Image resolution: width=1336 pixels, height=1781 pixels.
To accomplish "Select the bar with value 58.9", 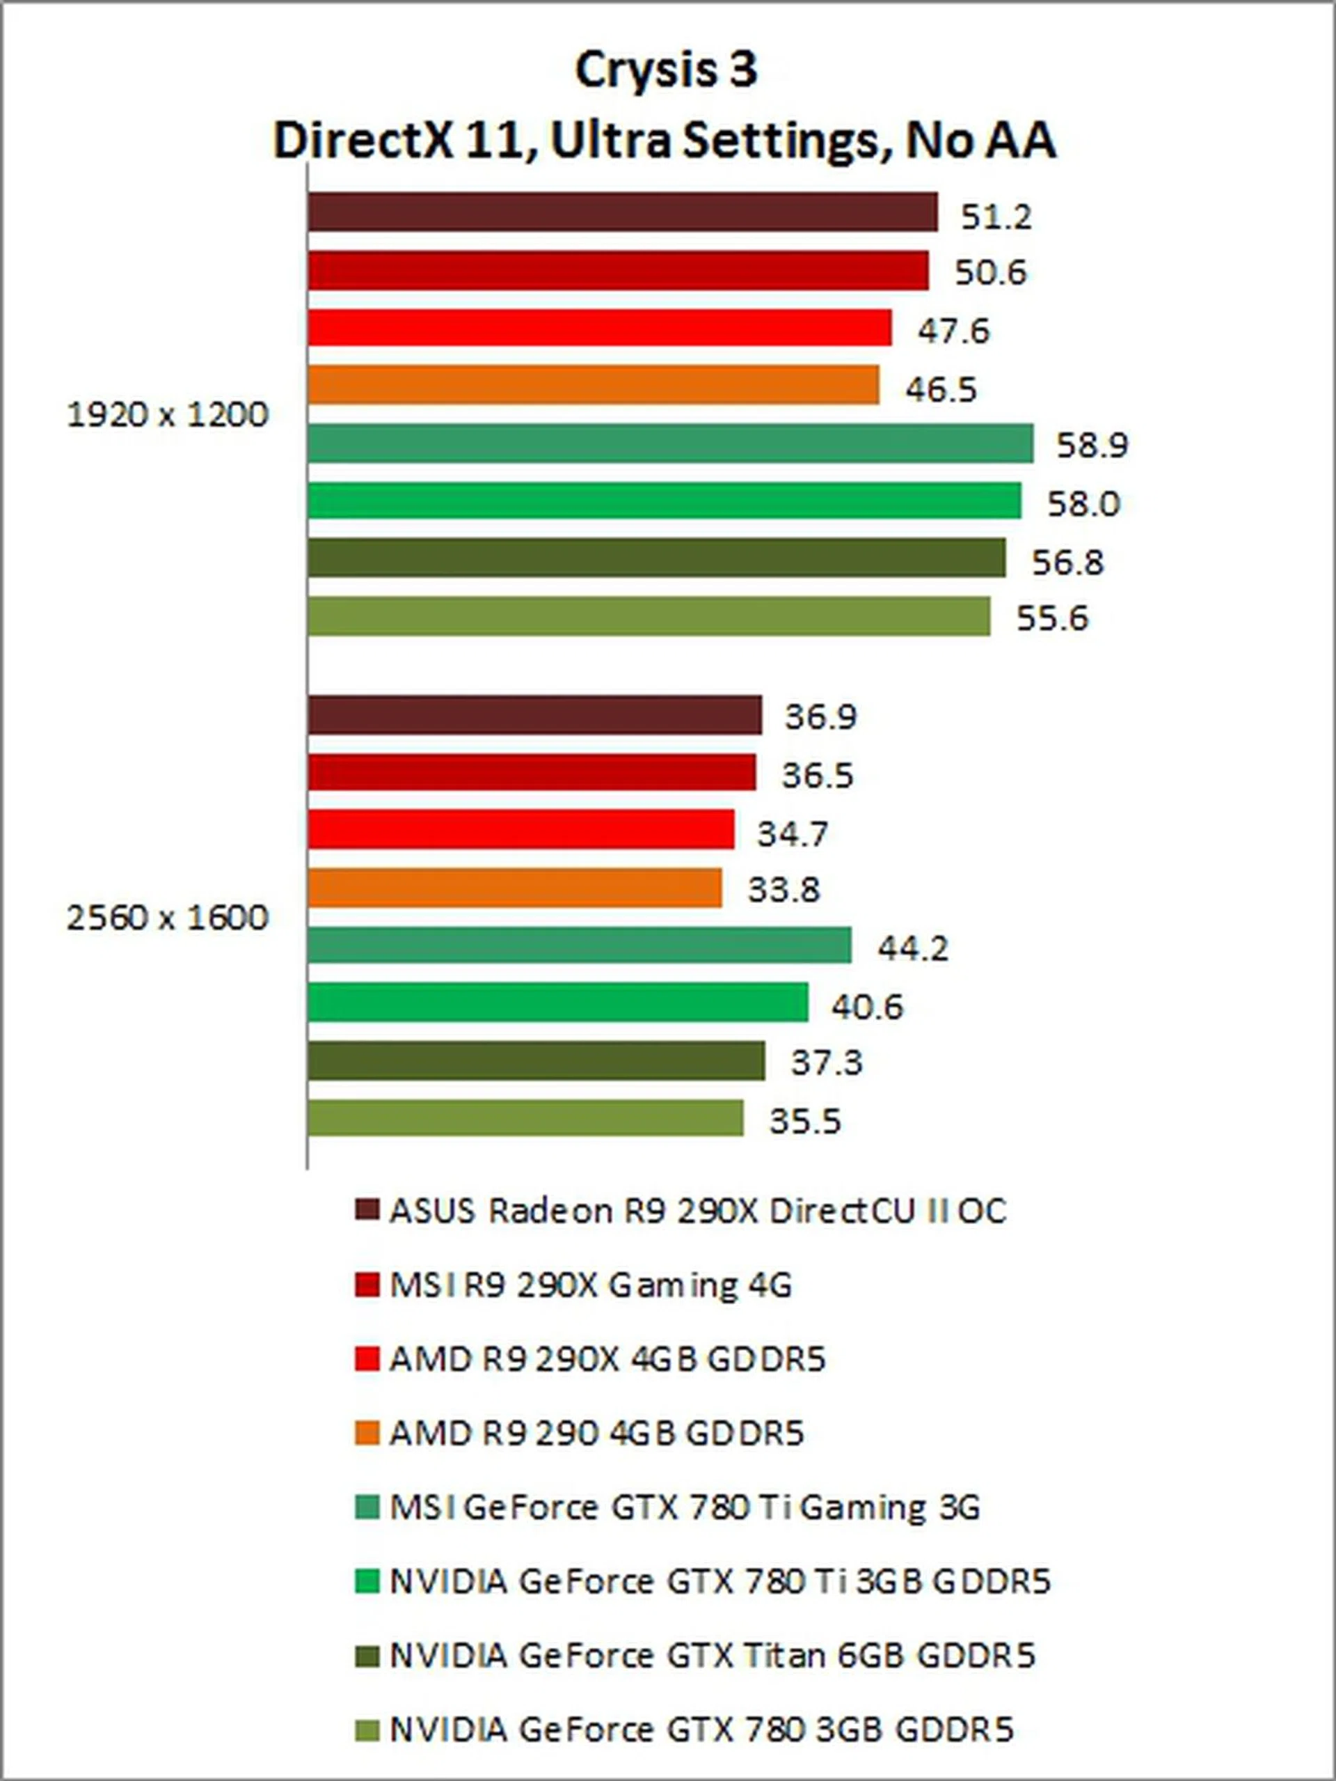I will pos(669,444).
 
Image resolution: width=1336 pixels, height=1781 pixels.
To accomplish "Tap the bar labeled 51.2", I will pos(622,212).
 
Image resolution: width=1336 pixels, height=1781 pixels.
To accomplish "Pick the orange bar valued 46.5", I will pos(593,386).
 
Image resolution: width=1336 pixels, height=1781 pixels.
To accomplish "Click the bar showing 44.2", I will pos(580,946).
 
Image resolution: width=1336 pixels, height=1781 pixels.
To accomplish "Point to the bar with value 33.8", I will pos(514,888).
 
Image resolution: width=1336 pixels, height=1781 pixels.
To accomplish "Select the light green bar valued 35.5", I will pos(525,1118).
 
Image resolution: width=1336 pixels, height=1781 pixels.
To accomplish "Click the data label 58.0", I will pos(1083,504).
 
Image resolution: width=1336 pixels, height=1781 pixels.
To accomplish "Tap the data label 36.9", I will pos(821,716).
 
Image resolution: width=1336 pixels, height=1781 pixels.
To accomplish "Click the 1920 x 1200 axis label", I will pos(166,416).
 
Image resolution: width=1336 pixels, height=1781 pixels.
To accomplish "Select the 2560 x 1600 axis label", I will pos(166,918).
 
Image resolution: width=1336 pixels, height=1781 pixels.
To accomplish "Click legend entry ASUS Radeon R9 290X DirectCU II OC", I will pos(698,1211).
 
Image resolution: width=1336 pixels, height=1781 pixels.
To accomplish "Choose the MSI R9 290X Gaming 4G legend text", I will pos(591,1285).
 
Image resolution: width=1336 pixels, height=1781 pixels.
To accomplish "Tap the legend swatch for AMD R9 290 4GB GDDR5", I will pos(367,1433).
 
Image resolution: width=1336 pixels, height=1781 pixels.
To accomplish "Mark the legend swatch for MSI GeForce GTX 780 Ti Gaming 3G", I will pos(367,1507).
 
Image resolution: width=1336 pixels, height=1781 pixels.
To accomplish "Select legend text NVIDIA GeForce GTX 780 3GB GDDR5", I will pos(701,1729).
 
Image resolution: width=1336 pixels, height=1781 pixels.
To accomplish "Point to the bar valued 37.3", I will pos(536,1061).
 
